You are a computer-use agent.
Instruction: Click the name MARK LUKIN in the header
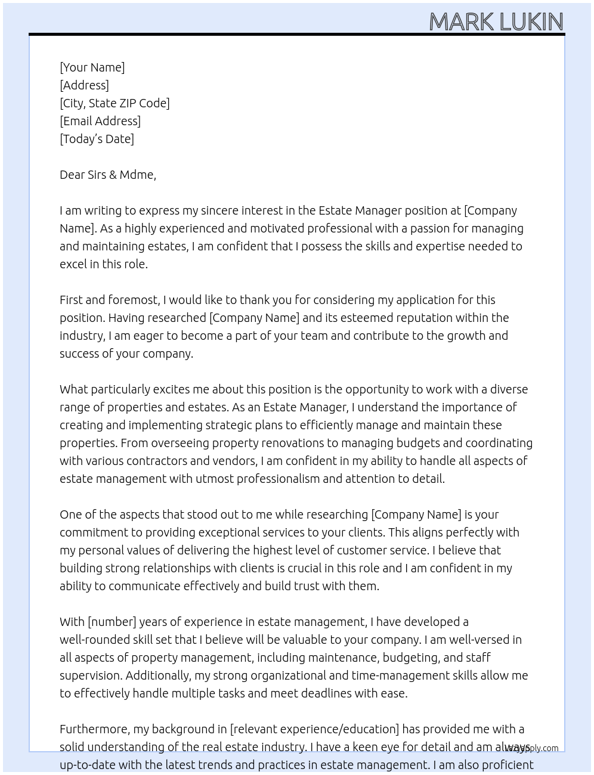[496, 21]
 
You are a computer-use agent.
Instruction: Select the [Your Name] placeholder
[92, 67]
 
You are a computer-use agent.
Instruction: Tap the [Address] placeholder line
[84, 85]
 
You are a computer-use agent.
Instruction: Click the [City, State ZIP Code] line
[115, 103]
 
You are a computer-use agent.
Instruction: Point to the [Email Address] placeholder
[100, 121]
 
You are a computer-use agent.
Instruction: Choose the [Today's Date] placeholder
[97, 139]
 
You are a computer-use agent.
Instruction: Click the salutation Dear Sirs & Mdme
[107, 175]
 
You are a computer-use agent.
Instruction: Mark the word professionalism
[278, 479]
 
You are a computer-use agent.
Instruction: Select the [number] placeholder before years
[112, 622]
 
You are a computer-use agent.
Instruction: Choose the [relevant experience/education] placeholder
[314, 729]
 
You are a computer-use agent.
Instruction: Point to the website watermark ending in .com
[532, 748]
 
